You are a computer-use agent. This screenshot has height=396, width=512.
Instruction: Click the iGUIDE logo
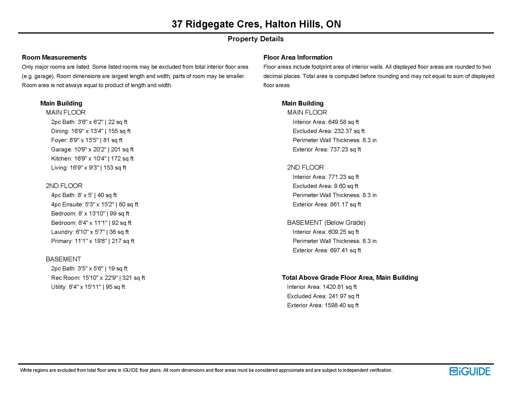[x=470, y=371]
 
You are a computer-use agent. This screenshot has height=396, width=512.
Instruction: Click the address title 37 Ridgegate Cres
[x=256, y=24]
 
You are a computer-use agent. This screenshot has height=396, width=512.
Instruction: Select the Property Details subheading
[x=255, y=39]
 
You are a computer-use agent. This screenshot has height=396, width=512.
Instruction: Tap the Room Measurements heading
[x=54, y=57]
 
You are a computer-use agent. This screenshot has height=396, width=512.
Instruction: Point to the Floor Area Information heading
[x=298, y=57]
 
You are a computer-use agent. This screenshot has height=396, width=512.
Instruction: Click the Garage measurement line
[x=92, y=149]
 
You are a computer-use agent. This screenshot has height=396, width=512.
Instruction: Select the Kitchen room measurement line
[x=92, y=159]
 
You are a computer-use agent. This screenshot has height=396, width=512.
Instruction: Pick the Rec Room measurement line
[x=98, y=278]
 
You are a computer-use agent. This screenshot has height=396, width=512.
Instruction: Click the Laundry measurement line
[x=90, y=232]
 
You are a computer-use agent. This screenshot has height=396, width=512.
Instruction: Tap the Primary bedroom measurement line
[x=93, y=241]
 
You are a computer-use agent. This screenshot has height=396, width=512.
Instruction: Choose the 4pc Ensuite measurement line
[x=95, y=204]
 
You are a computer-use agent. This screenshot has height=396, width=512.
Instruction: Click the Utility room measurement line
[x=88, y=287]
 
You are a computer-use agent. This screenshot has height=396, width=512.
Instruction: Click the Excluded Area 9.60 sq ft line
[x=325, y=186]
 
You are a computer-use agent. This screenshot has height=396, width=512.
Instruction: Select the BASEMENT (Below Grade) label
[x=326, y=222]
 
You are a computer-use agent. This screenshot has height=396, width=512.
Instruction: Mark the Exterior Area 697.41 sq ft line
[x=327, y=250]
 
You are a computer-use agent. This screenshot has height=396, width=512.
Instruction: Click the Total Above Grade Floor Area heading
[x=350, y=277]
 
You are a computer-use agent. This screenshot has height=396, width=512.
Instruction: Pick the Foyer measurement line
[x=87, y=140]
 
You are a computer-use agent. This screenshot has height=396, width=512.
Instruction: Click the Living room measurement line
[x=89, y=168]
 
